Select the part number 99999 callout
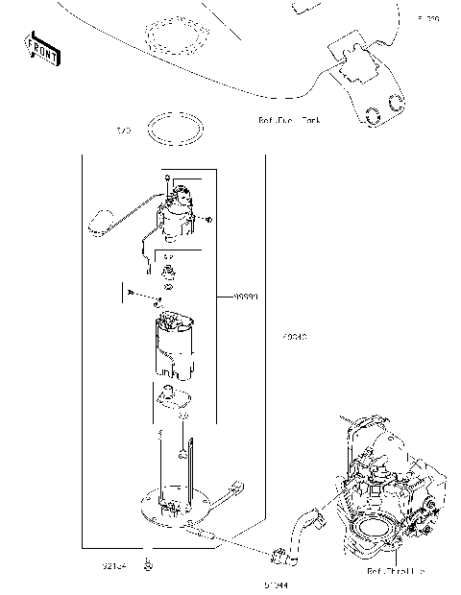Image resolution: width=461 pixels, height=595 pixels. pos(248,297)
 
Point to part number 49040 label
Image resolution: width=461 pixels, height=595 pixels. pos(296,337)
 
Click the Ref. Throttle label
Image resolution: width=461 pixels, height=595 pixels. pos(395,571)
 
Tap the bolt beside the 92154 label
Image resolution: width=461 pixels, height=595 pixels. pos(147,564)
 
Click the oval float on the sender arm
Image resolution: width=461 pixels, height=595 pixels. pos(100,224)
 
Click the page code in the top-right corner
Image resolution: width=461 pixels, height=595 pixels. pos(427,18)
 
